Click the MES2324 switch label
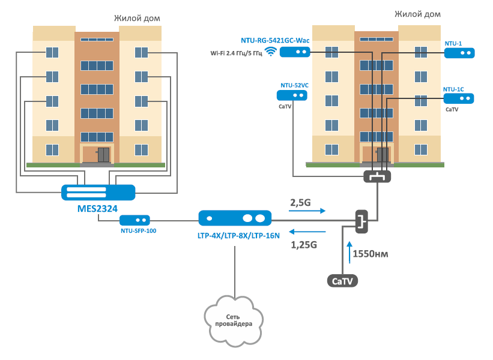(97, 208)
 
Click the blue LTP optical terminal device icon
(235, 217)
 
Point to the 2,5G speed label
(300, 203)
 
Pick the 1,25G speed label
(303, 245)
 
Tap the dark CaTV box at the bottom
(342, 280)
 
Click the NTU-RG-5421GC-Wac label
(274, 40)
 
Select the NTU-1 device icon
(459, 53)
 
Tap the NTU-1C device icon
(459, 98)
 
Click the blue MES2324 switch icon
(98, 192)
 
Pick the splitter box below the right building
(377, 176)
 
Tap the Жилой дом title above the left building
(137, 19)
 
